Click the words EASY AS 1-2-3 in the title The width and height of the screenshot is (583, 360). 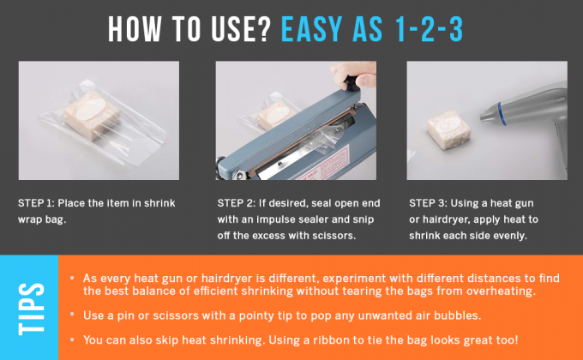tap(374, 27)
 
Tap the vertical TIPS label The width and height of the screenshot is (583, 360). tap(29, 306)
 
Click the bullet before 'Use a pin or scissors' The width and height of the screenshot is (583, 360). tap(73, 315)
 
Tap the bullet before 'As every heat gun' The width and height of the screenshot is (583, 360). tap(73, 279)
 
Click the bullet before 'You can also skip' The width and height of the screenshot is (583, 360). tap(73, 339)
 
